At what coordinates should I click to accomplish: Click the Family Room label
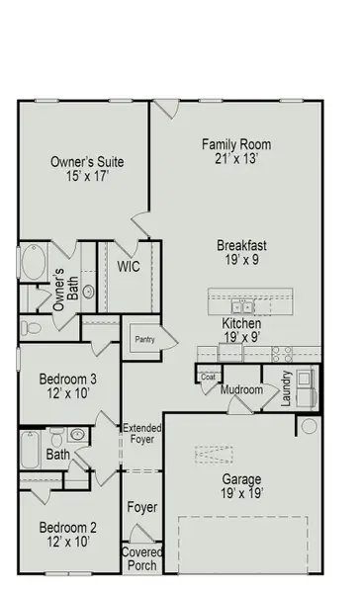(x=236, y=144)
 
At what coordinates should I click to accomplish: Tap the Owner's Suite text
(x=87, y=161)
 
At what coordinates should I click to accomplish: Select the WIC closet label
(x=128, y=267)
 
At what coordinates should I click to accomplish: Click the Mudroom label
(x=241, y=389)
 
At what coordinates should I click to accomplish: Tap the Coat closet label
(x=208, y=376)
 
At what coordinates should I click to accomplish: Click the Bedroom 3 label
(x=68, y=379)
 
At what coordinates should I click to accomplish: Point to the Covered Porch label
(x=141, y=559)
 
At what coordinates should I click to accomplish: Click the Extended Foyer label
(x=141, y=434)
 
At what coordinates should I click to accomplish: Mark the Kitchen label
(x=241, y=323)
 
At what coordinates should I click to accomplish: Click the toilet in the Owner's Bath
(x=31, y=327)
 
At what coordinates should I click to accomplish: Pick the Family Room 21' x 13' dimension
(x=236, y=160)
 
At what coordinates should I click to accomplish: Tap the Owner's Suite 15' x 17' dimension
(x=87, y=178)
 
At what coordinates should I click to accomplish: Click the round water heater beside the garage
(x=309, y=427)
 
